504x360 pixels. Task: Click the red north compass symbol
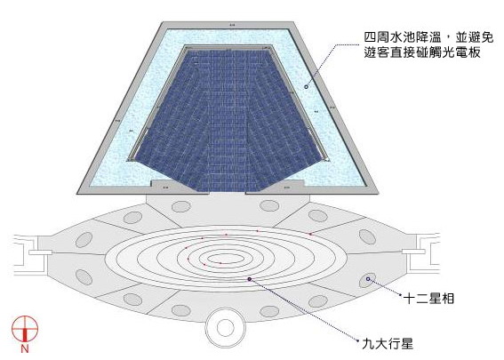tap(25, 329)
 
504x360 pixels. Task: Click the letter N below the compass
tap(25, 348)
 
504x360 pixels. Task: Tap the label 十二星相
tap(428, 299)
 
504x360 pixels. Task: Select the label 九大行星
tap(388, 344)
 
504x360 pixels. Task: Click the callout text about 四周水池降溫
tap(428, 45)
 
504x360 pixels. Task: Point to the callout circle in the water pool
tap(307, 87)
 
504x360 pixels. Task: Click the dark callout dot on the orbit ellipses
tap(250, 279)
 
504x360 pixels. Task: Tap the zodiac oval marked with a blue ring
tap(366, 281)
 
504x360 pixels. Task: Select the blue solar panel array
tap(228, 120)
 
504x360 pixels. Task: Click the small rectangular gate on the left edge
tap(41, 252)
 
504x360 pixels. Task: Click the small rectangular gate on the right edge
tap(413, 252)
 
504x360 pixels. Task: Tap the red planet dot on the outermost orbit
tap(310, 234)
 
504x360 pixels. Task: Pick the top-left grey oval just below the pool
tap(181, 206)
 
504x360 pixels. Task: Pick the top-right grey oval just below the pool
tap(269, 205)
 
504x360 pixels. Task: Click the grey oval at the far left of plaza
tap(84, 240)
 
